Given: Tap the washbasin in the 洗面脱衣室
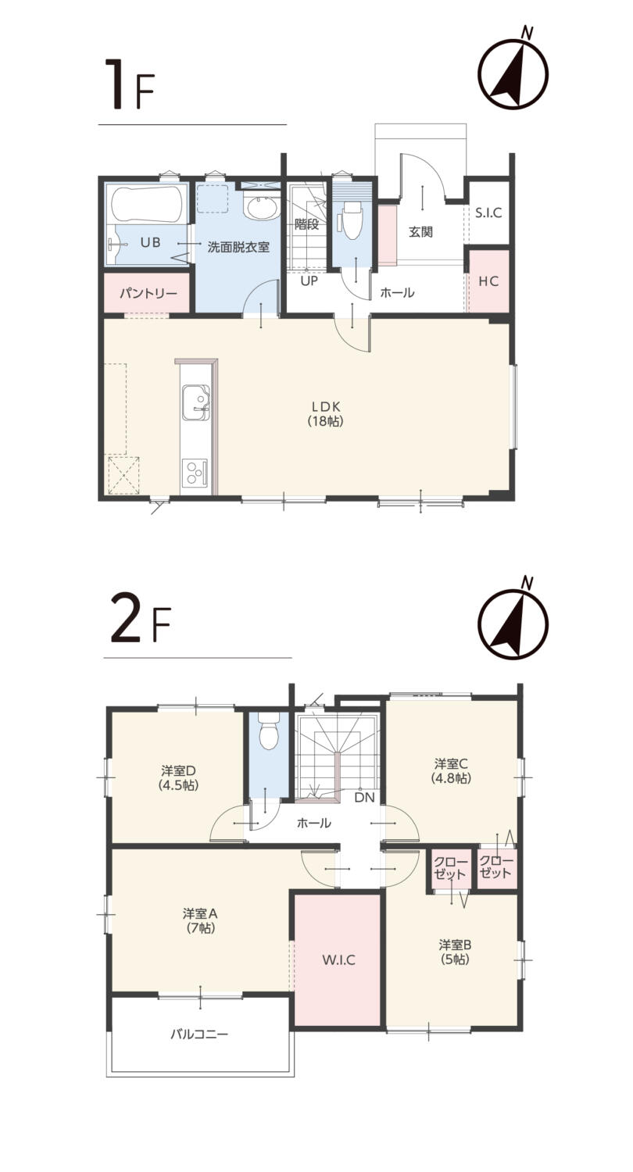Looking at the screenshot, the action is tap(260, 209).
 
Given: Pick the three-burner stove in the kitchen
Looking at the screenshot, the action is tap(194, 472).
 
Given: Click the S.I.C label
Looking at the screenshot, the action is tap(488, 213).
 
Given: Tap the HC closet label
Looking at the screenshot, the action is tap(488, 281).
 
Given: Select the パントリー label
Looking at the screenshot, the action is tap(148, 293).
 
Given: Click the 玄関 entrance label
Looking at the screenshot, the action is tap(420, 232).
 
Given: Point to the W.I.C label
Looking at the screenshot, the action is tap(338, 959).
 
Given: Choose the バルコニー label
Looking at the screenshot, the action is tap(199, 1034).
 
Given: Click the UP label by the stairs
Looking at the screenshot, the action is tap(309, 281).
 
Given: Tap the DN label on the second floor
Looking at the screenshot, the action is tap(364, 798).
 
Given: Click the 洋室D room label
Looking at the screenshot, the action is tap(178, 770).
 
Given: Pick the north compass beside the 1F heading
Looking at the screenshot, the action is tap(513, 70).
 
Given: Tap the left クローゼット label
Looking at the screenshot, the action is tap(450, 868).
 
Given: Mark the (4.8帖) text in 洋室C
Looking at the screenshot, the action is tap(451, 778).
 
